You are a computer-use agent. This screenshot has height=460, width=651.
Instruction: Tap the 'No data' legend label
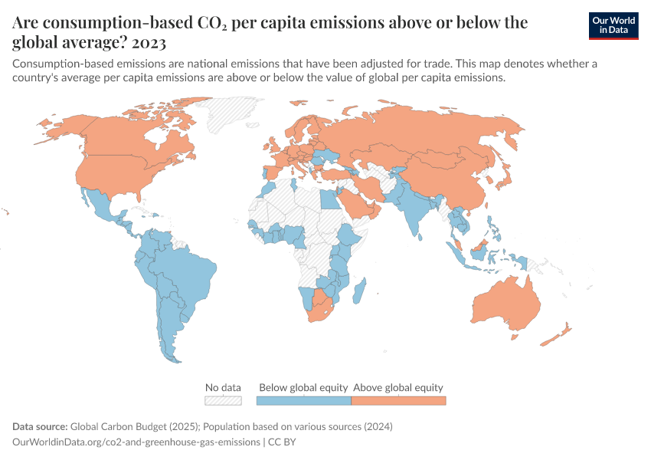click(x=223, y=387)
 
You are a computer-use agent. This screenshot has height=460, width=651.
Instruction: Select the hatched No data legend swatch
click(x=223, y=400)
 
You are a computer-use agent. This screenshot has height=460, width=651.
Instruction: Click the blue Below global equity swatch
click(x=303, y=400)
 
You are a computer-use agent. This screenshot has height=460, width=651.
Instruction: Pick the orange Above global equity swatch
click(x=398, y=400)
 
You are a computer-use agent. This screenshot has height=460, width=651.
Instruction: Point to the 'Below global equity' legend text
click(x=304, y=387)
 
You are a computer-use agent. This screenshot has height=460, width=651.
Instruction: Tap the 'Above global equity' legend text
click(x=398, y=387)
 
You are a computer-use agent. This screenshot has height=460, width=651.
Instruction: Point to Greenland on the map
click(x=237, y=115)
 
